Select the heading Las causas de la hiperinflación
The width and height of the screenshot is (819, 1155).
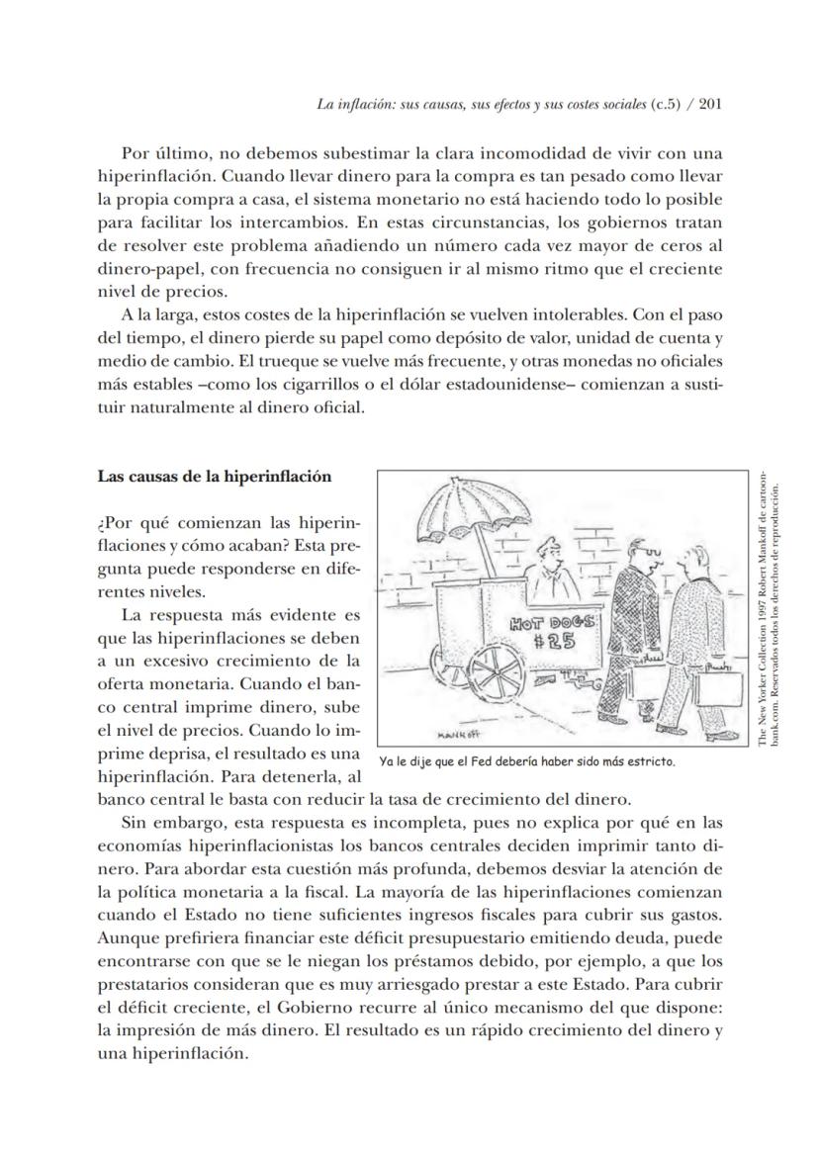coord(214,477)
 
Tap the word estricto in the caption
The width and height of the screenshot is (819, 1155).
coord(650,762)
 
